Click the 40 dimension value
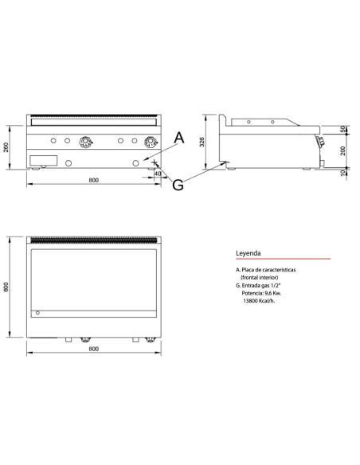coord(158,173)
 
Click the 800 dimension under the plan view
coord(94,350)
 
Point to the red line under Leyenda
coord(282,260)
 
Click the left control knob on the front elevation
coord(85,143)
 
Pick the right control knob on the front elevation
coord(149,143)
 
